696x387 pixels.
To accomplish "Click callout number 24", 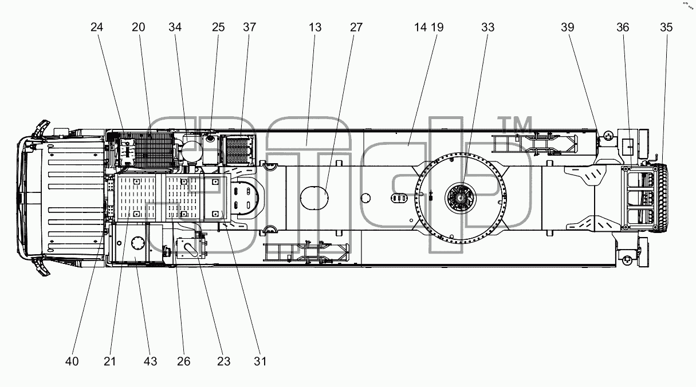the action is (97, 27).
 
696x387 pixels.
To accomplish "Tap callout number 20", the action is (138, 27).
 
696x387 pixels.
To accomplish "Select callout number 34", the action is (175, 27).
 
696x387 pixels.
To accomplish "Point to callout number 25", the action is (218, 27).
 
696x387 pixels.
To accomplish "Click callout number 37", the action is (250, 27).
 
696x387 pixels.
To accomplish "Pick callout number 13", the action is (314, 27).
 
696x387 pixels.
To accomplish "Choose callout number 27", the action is (356, 27).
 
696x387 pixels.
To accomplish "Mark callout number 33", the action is (488, 27).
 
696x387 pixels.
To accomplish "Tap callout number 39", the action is (567, 27).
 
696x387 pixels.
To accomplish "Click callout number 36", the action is (623, 27).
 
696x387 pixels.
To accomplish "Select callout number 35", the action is (666, 27).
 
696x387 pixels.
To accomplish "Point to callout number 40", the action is (72, 362).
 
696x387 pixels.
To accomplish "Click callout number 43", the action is (151, 362).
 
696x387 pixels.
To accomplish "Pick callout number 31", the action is (260, 362).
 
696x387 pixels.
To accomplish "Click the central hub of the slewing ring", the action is (461, 198).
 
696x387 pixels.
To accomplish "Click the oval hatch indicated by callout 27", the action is (314, 198).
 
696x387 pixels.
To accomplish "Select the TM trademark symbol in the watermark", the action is (515, 125).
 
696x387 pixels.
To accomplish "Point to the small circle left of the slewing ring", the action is (365, 198).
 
